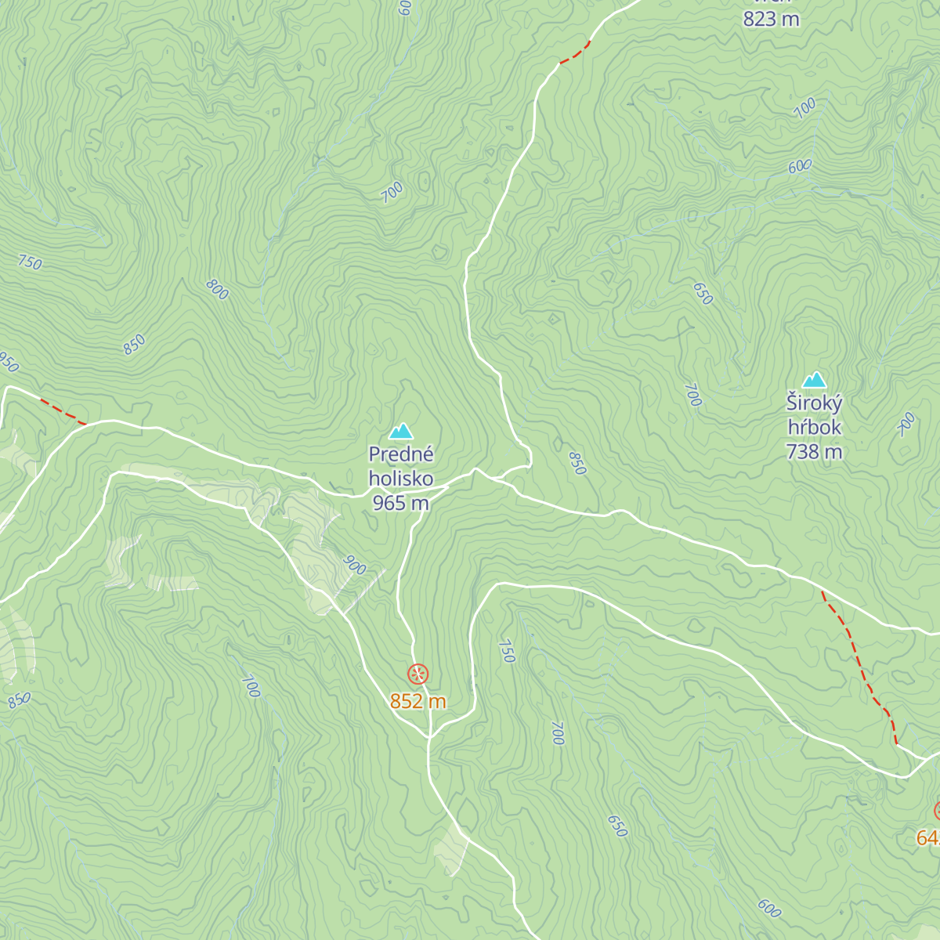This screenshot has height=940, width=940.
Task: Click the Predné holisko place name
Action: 400,466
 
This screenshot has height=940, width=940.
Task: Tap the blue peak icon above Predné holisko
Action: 400,432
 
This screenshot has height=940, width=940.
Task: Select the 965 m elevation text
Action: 400,503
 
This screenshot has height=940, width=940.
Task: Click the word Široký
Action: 815,403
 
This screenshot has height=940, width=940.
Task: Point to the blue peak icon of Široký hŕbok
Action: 815,380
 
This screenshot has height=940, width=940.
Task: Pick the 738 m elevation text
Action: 815,452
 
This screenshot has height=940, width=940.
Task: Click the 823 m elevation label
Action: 771,19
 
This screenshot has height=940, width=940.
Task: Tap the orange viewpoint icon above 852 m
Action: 418,674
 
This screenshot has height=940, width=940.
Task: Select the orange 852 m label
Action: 418,701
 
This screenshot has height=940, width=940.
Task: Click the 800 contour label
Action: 217,289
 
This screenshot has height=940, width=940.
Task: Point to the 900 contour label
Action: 355,566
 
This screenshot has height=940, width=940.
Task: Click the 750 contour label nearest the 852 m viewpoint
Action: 507,651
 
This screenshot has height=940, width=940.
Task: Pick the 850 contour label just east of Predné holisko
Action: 577,463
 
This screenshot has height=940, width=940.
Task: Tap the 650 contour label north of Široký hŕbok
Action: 703,293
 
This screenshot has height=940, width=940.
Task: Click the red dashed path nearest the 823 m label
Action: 575,53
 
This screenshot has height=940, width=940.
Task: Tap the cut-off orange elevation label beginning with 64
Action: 928,838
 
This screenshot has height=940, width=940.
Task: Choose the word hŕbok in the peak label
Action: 815,428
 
